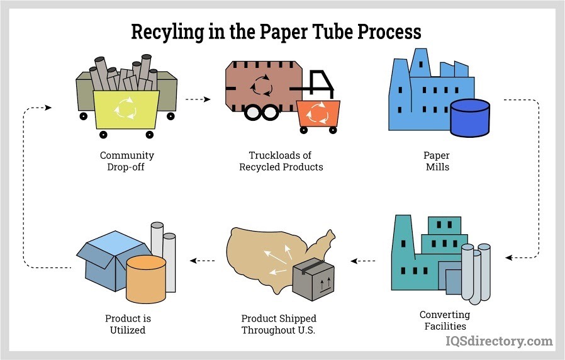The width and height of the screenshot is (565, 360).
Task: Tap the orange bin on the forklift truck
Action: coord(318,113)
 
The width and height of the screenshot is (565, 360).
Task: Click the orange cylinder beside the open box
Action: coord(145,277)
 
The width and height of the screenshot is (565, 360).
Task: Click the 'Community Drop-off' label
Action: coord(126,161)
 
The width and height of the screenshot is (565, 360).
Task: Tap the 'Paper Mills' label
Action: coord(437,161)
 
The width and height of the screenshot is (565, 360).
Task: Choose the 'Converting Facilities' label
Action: coord(444,320)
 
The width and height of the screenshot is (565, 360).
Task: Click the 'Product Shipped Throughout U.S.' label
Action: coord(279,324)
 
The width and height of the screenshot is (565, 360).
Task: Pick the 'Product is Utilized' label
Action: coord(128,324)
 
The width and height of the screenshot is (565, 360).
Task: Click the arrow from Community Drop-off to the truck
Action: coord(198,99)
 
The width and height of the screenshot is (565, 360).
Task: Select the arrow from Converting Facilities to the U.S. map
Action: coord(363,260)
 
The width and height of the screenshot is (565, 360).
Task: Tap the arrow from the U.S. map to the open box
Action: coord(203,260)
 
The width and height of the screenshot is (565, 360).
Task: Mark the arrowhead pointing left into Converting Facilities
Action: coord(509,257)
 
